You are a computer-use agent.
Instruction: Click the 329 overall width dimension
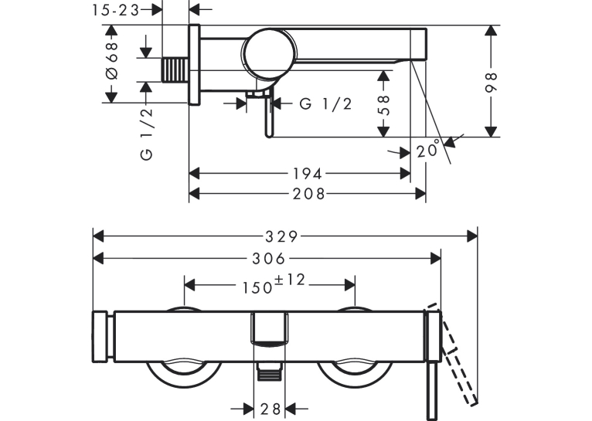(281, 237)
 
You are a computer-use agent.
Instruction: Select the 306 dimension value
(268, 259)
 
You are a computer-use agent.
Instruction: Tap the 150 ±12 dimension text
(274, 284)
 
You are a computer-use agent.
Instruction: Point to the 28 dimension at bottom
(270, 409)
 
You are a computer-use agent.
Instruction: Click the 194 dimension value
(308, 174)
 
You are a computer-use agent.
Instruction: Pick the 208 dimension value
(308, 194)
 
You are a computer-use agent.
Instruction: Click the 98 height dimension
(491, 82)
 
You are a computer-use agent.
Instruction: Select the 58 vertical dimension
(383, 105)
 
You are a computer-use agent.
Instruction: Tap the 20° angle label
(428, 149)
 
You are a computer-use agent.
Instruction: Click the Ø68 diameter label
(112, 60)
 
